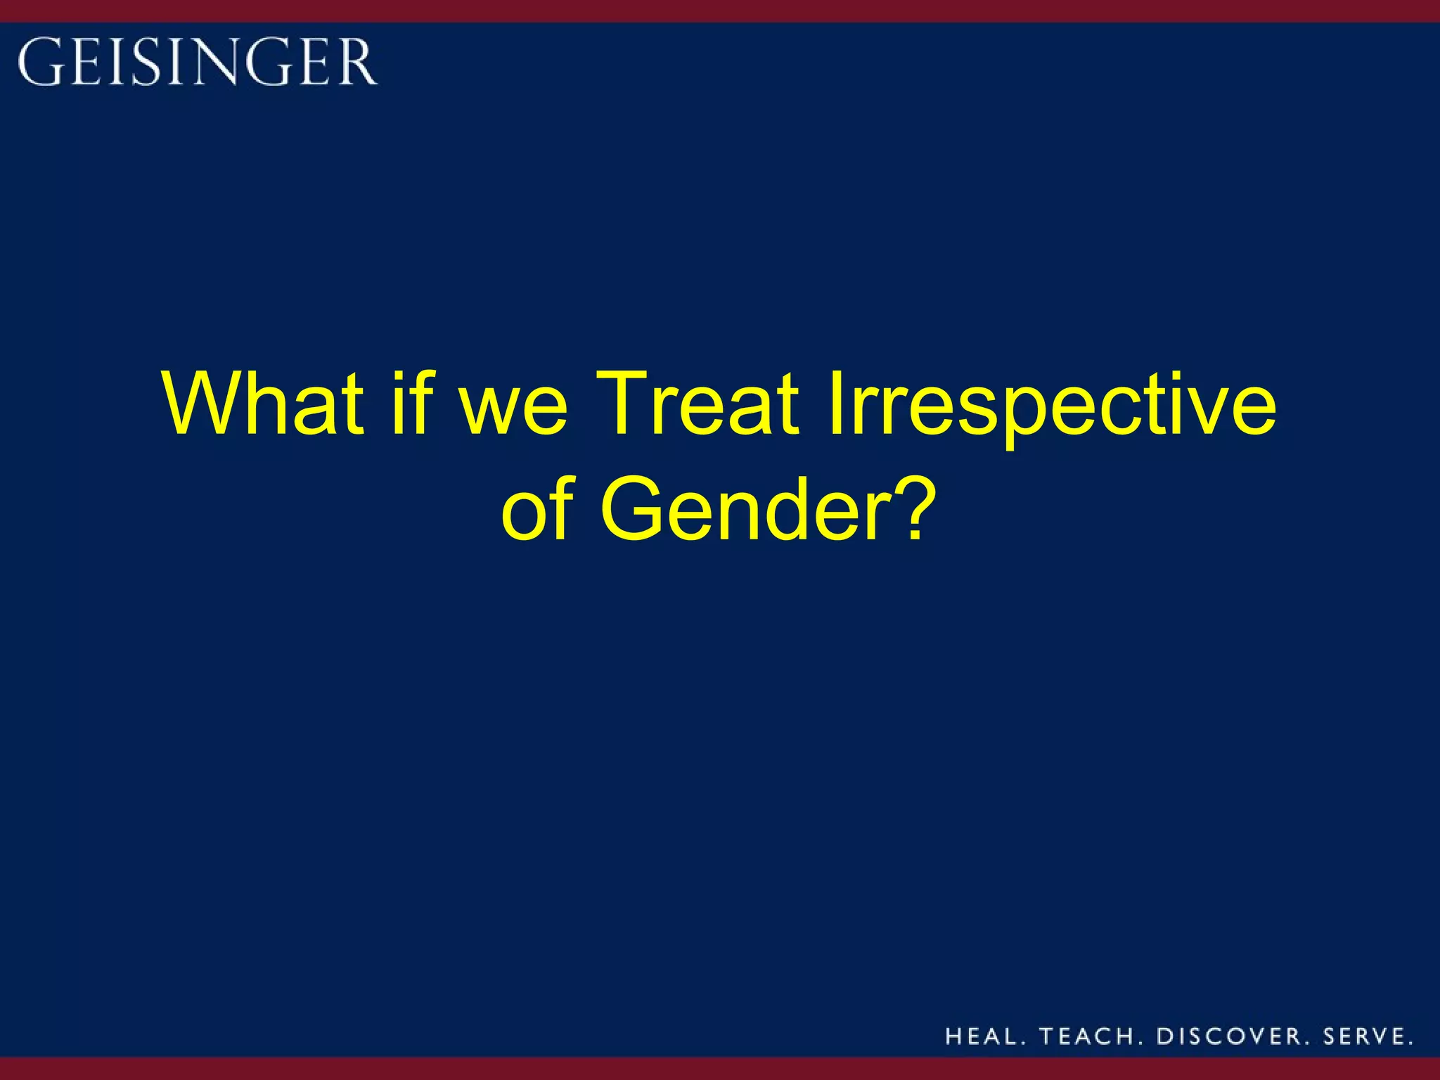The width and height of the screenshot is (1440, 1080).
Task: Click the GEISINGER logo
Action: pyautogui.click(x=198, y=62)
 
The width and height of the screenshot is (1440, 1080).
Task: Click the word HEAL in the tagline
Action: pyautogui.click(x=980, y=1036)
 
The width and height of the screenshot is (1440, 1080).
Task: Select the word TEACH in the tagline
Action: pyautogui.click(x=1086, y=1036)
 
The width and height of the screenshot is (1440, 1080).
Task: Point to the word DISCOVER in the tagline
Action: pyautogui.click(x=1230, y=1036)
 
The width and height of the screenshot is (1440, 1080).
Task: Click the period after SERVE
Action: pyautogui.click(x=1410, y=1043)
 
